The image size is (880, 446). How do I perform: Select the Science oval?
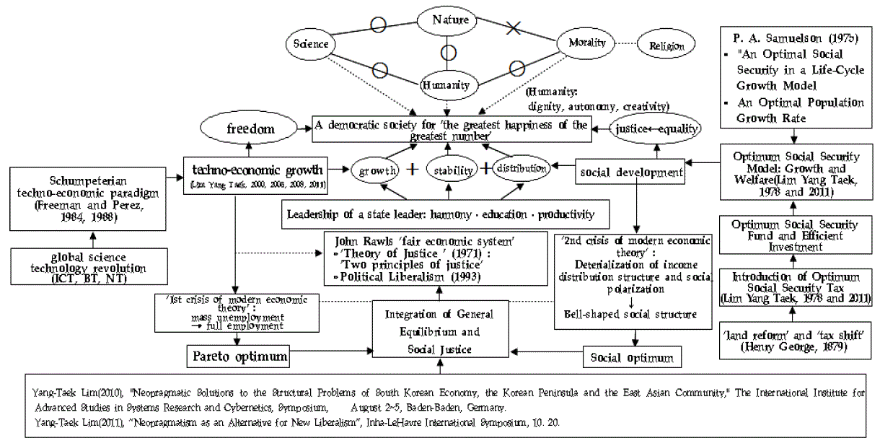click(x=310, y=44)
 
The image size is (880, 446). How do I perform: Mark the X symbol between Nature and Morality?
click(x=514, y=28)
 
